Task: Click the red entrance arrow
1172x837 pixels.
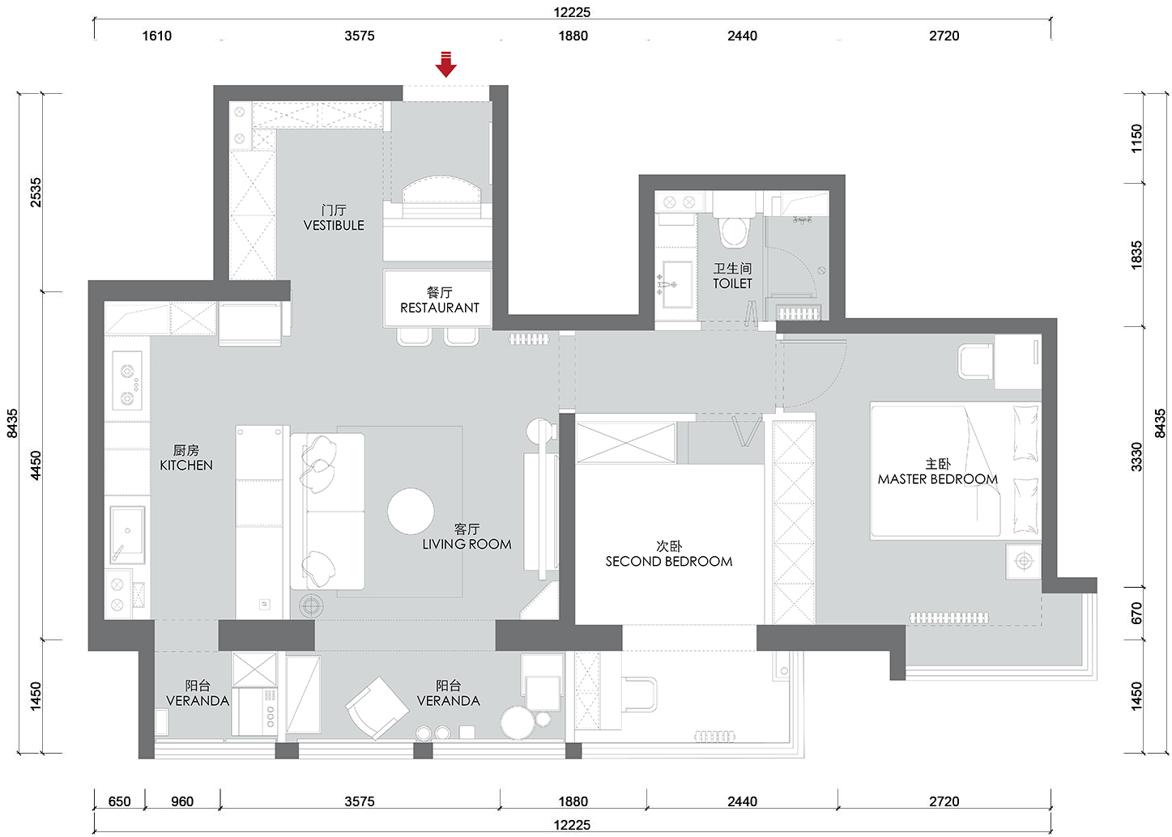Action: (x=445, y=64)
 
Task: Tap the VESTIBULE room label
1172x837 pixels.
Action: (x=334, y=225)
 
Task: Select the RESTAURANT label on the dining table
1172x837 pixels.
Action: (x=440, y=308)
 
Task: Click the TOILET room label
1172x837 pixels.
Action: (x=732, y=283)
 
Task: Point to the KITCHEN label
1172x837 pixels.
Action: (x=186, y=465)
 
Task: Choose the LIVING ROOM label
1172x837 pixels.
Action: (x=467, y=544)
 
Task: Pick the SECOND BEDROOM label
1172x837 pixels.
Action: (x=669, y=562)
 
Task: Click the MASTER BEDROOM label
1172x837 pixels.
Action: (x=938, y=479)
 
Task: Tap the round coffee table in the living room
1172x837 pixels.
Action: (x=411, y=512)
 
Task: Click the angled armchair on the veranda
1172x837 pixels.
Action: (x=377, y=707)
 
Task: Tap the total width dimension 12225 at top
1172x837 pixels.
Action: (x=572, y=12)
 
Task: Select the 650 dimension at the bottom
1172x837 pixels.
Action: (x=119, y=801)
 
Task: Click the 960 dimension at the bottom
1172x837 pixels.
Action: (x=182, y=801)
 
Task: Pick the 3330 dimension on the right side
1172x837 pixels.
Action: (x=1136, y=457)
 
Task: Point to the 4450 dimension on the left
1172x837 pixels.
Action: (x=35, y=465)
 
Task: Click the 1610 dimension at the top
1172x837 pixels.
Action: (x=157, y=36)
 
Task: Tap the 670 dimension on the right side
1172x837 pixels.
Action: (x=1136, y=614)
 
